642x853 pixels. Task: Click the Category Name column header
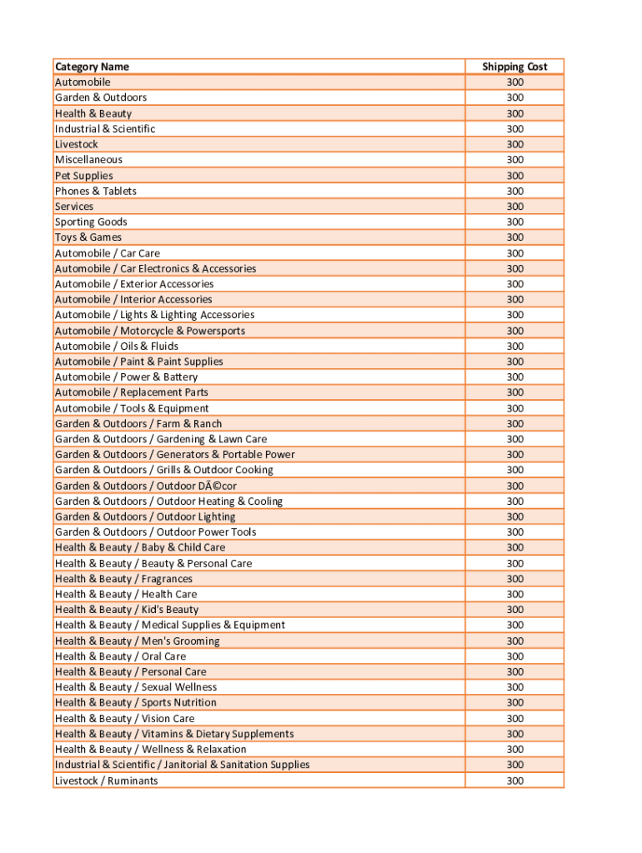(x=92, y=67)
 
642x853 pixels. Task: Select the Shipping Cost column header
(x=514, y=67)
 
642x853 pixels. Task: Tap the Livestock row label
(x=76, y=144)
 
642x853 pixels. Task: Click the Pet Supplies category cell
(x=83, y=176)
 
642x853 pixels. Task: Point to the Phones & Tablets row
(x=95, y=191)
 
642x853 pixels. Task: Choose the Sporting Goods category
(x=91, y=222)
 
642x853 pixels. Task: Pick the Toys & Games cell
(x=88, y=237)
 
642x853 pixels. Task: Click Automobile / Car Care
(x=107, y=253)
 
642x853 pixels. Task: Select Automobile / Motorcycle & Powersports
(x=150, y=331)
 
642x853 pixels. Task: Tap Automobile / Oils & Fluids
(x=116, y=346)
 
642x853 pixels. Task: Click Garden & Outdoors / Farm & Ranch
(x=138, y=423)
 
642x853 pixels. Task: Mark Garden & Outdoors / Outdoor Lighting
(x=145, y=516)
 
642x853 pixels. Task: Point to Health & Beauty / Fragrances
(x=123, y=579)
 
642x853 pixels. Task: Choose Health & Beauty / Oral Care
(x=120, y=656)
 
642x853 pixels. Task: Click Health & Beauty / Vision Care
(x=124, y=718)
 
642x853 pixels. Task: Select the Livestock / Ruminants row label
(x=106, y=781)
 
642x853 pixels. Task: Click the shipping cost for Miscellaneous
(x=514, y=160)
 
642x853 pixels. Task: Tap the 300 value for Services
(x=514, y=207)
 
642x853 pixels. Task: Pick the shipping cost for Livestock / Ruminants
(x=514, y=781)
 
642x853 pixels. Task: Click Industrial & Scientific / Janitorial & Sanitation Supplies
(x=182, y=765)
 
